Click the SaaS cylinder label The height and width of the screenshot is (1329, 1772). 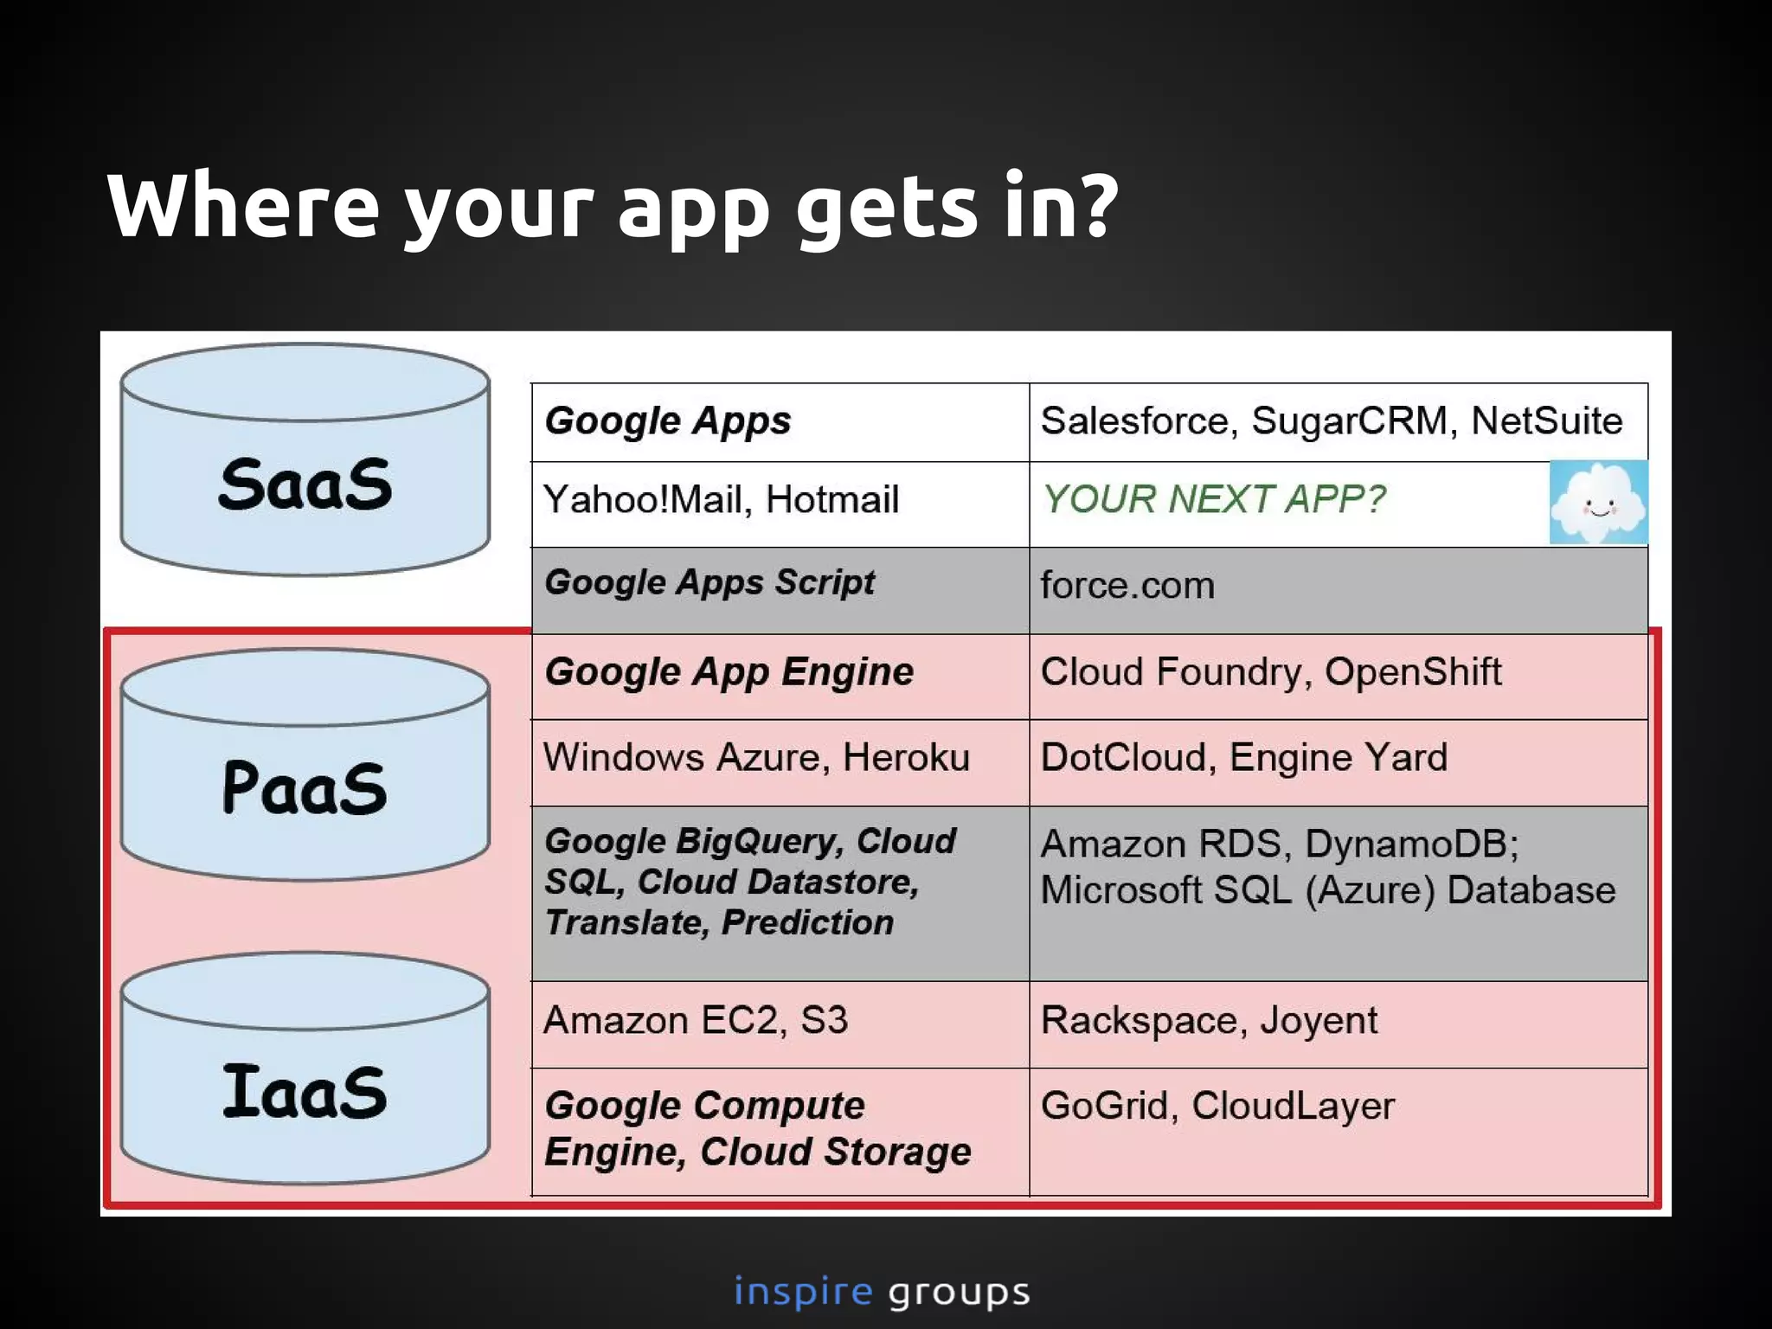pyautogui.click(x=305, y=484)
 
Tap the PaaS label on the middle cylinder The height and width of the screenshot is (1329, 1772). pyautogui.click(x=305, y=787)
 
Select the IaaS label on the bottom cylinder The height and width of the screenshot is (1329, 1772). pyautogui.click(x=305, y=1092)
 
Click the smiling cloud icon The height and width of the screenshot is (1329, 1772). pyautogui.click(x=1598, y=503)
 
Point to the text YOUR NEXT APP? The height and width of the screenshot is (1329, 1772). pyautogui.click(x=1213, y=499)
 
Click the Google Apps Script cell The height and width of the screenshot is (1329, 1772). pyautogui.click(x=709, y=582)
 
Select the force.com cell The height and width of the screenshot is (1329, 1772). pyautogui.click(x=1127, y=586)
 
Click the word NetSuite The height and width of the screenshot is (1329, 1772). pyautogui.click(x=1546, y=421)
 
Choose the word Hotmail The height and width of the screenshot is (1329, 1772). pyautogui.click(x=832, y=500)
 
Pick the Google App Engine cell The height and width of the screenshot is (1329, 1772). pyautogui.click(x=729, y=672)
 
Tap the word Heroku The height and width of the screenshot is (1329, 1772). pyautogui.click(x=906, y=758)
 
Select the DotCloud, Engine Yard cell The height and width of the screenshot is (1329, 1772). pyautogui.click(x=1243, y=758)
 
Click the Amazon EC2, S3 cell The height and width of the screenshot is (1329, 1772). pyautogui.click(x=695, y=1021)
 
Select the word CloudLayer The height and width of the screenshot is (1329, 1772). pyautogui.click(x=1293, y=1107)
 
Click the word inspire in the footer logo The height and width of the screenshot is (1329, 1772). pyautogui.click(x=803, y=1292)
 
